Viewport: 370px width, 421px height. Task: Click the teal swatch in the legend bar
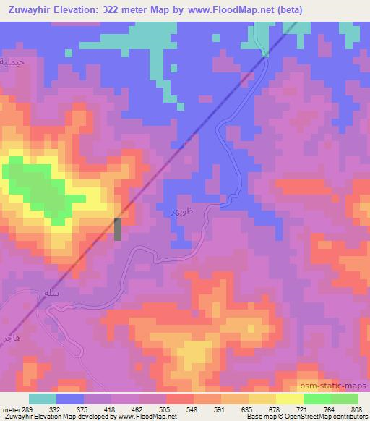pyautogui.click(x=43, y=399)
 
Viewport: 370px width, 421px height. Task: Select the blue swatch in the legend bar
pyautogui.click(x=70, y=399)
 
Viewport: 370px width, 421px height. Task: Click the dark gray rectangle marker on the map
pyautogui.click(x=119, y=228)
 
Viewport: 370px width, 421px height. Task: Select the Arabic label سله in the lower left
pyautogui.click(x=51, y=294)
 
